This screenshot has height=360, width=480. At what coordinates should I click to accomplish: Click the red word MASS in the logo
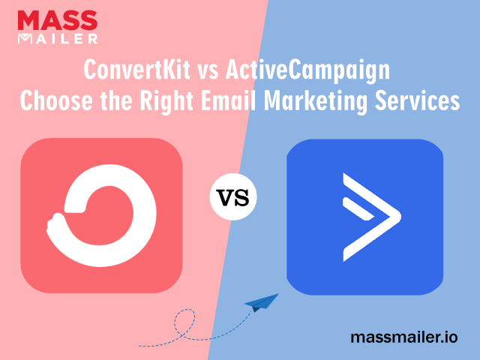coord(58,20)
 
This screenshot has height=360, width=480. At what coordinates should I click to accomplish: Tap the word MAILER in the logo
coord(58,38)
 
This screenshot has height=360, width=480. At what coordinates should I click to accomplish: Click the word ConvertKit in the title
coord(136,70)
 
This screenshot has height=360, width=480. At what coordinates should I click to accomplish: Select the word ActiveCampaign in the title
coord(307,71)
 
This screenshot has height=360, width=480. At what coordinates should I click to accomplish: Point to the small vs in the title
coord(208,72)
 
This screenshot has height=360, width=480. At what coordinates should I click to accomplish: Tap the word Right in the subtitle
coord(166,101)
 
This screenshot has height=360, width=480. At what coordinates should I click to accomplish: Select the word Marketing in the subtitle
coord(315,101)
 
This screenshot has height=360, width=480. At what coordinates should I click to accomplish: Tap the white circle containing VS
coord(233,196)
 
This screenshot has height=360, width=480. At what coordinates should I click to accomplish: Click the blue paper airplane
coord(262,302)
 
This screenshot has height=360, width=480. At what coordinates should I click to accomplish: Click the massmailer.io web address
coord(404,337)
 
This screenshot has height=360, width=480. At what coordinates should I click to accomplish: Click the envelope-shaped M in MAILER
coord(25,38)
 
